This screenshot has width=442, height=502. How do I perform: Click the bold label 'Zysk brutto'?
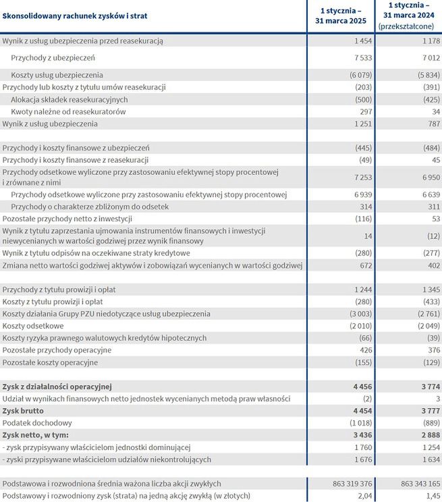[25, 411]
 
